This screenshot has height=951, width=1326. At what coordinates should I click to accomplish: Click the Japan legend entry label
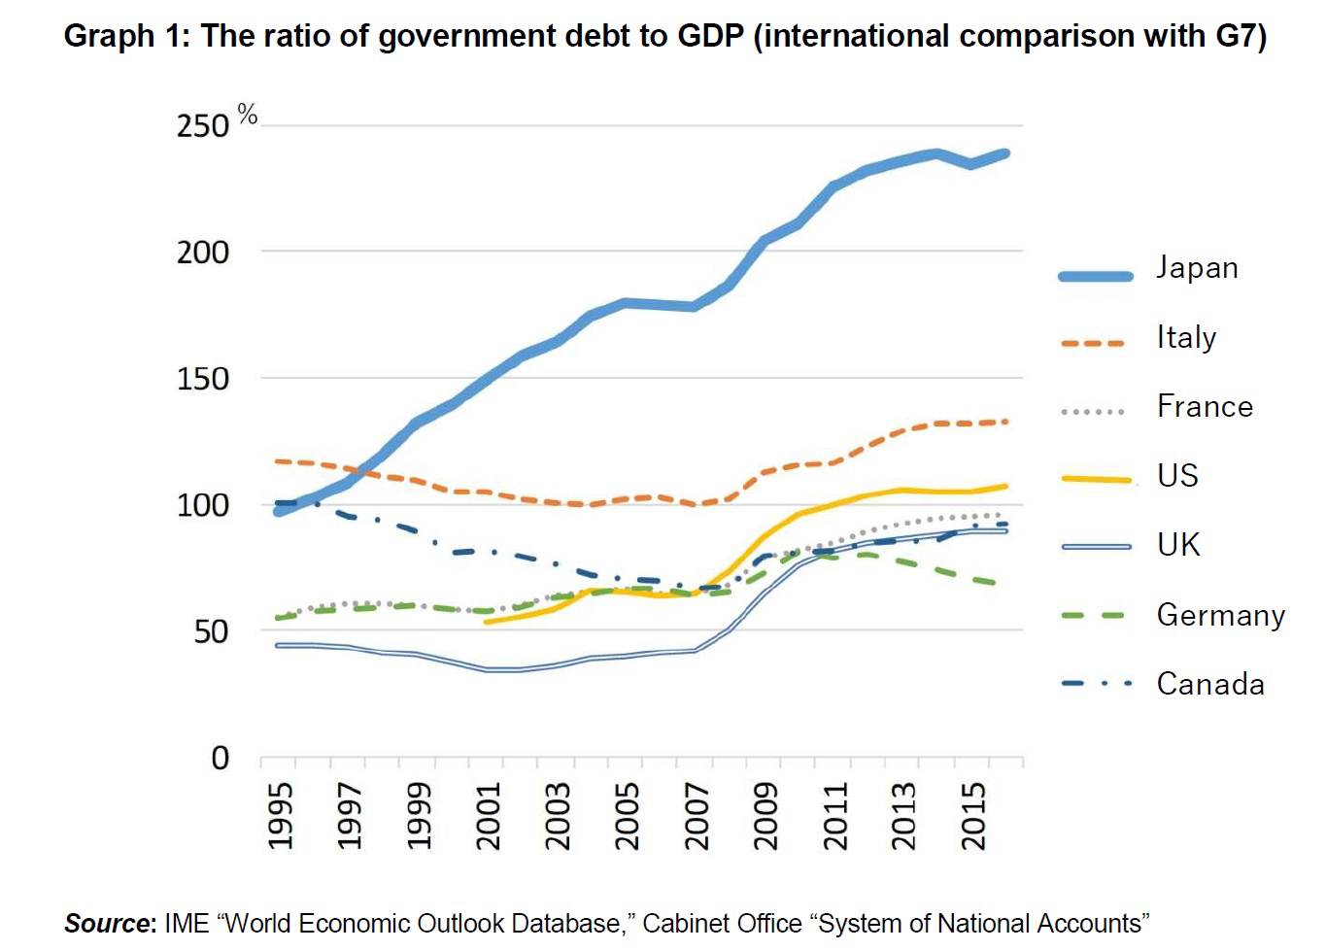(1197, 268)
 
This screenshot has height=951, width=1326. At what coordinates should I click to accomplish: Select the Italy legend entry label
(1186, 337)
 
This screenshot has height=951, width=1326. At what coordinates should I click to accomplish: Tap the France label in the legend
(1205, 406)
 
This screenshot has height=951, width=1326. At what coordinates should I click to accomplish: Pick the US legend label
(1177, 475)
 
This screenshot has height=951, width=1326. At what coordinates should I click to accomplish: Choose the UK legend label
(1178, 544)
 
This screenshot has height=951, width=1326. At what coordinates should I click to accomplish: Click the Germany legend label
(1220, 615)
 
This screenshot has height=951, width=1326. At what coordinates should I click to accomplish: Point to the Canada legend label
(1210, 684)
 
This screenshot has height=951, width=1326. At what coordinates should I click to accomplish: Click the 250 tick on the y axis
(202, 126)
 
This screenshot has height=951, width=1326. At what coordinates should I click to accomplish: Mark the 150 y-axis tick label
(202, 379)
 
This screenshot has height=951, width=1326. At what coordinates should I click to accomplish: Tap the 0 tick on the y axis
(221, 758)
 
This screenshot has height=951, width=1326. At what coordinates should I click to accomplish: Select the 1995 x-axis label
(280, 816)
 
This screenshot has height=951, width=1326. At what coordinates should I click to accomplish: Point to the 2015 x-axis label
(973, 816)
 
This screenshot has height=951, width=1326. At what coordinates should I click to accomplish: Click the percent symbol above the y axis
(248, 117)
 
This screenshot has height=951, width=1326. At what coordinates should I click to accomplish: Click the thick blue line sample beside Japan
(1096, 276)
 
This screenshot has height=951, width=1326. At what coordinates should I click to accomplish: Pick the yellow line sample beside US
(1096, 479)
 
